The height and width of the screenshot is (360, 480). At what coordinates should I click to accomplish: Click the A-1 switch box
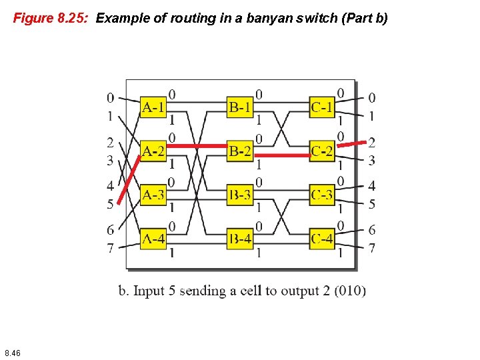point(153,107)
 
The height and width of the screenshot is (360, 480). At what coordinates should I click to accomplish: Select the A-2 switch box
point(153,151)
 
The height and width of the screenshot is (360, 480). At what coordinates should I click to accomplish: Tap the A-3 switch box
point(153,195)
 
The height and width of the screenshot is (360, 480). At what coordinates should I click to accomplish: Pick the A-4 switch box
point(153,238)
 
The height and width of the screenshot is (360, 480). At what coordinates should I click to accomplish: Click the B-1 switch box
point(239,107)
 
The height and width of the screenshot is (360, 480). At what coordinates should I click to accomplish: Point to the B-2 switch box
point(239,151)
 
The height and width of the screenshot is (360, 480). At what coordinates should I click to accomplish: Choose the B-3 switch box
point(239,195)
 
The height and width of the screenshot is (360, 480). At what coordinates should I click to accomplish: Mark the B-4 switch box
point(239,238)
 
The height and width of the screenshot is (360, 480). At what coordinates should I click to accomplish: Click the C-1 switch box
point(322,107)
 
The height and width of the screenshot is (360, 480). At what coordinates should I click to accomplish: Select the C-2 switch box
point(322,151)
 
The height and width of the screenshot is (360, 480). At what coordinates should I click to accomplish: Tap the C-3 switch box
point(322,195)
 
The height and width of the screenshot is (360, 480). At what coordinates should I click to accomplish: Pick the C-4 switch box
point(322,238)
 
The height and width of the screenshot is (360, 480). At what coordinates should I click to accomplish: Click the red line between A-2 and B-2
point(196,145)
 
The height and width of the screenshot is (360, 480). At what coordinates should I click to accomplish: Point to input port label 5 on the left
point(110,204)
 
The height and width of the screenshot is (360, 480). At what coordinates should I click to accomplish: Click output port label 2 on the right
point(372,142)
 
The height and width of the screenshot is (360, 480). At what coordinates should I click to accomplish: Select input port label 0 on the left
point(110,98)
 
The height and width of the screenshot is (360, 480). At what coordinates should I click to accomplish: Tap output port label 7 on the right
point(372,248)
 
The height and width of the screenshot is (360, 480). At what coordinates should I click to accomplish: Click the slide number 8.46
point(12,352)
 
